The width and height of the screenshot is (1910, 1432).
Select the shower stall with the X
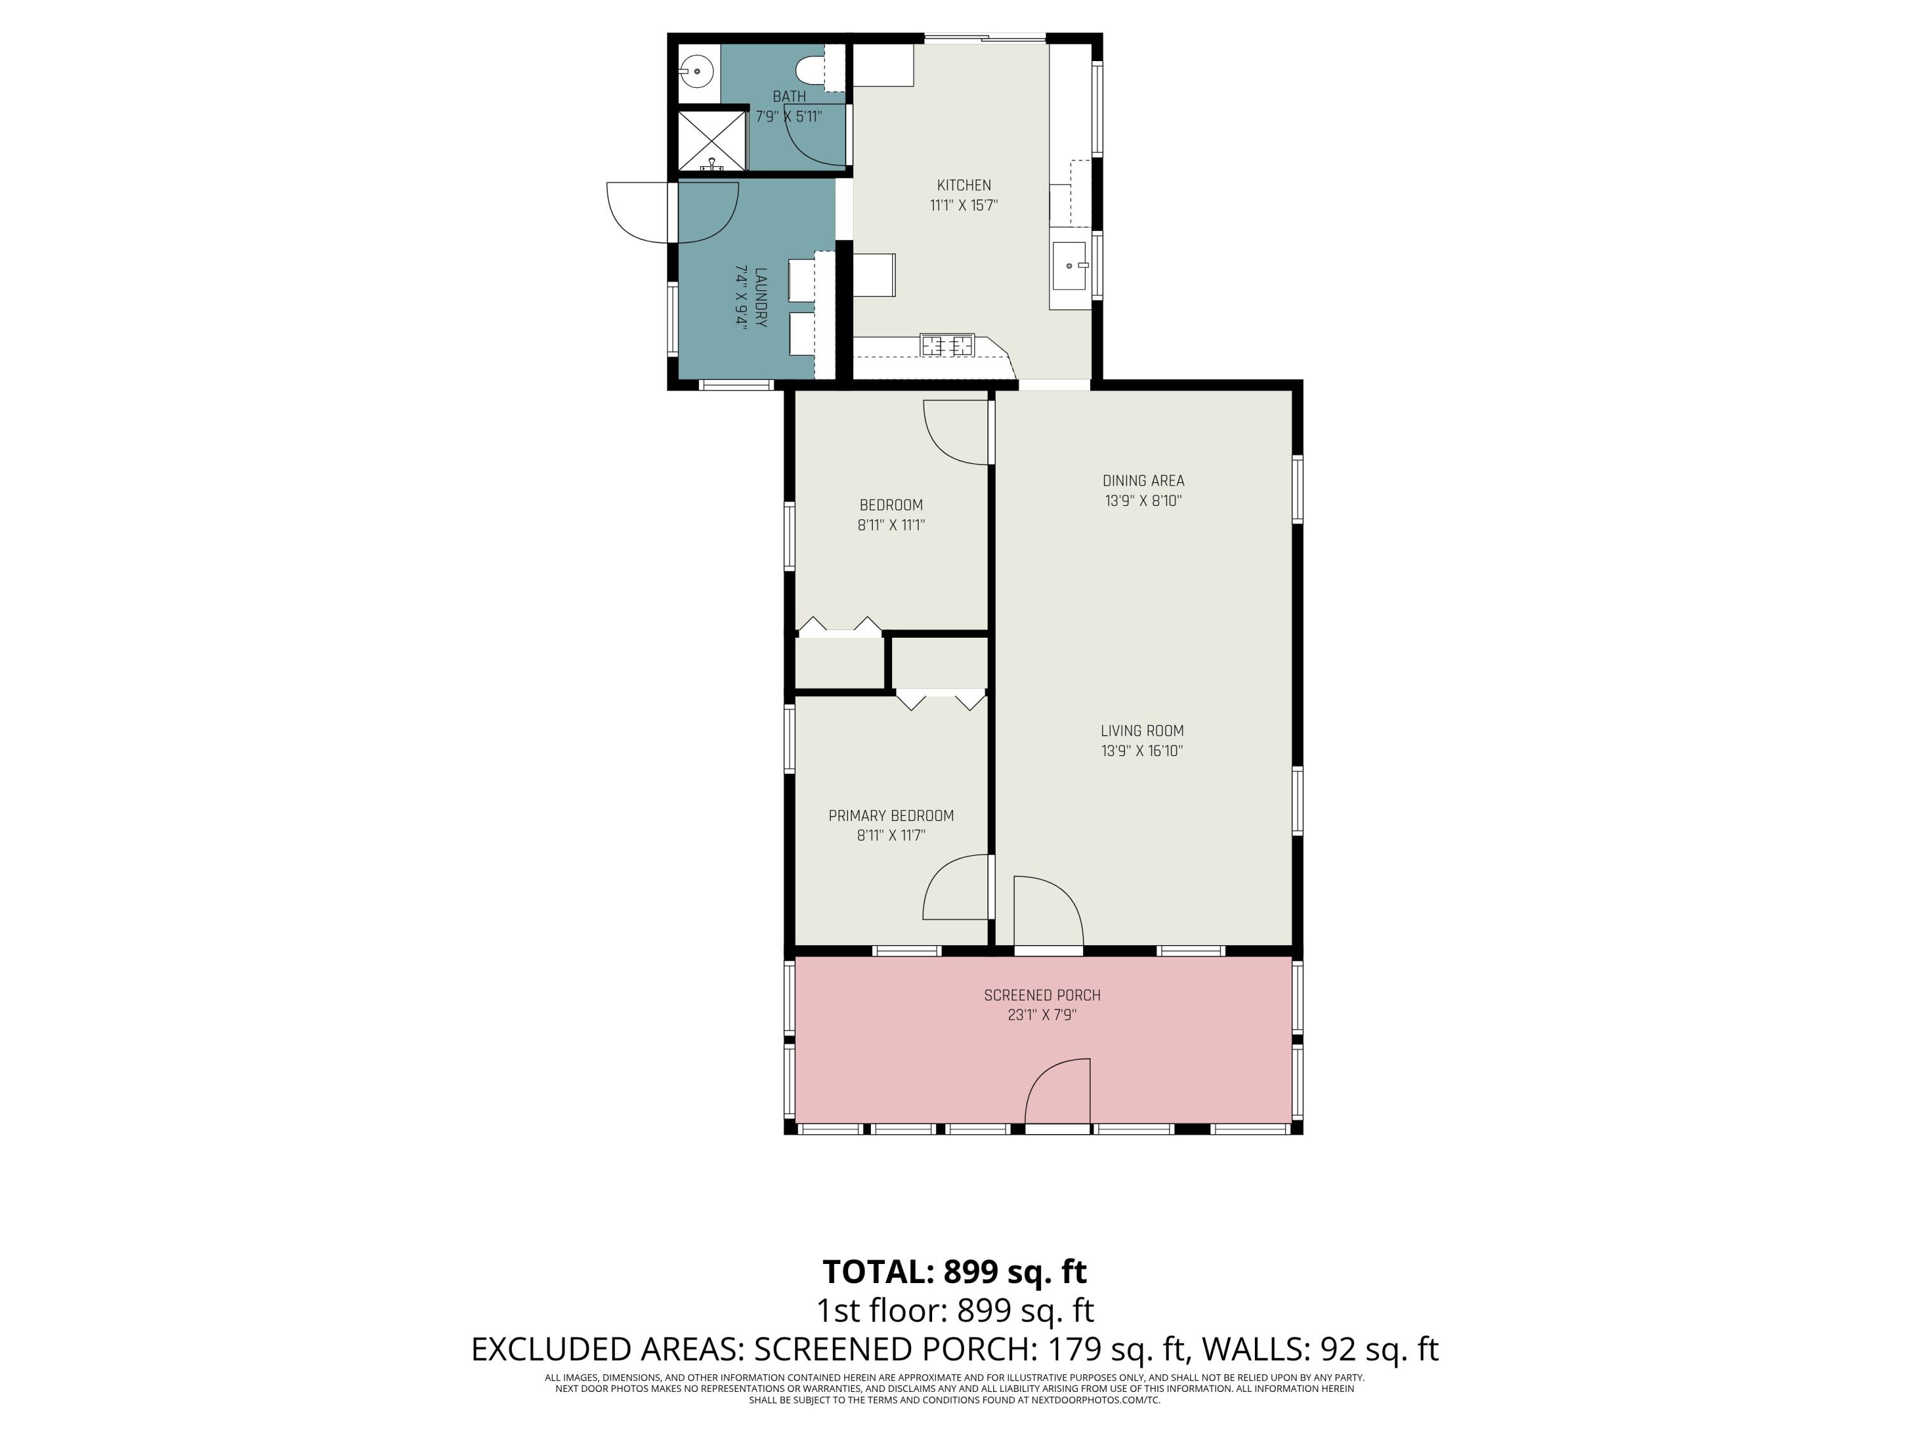click(712, 140)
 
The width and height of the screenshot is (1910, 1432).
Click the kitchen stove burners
click(947, 345)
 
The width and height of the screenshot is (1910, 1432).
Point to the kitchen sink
click(1070, 267)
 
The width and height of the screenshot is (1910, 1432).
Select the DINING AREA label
click(1143, 481)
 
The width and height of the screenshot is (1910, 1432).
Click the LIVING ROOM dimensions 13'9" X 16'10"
click(1142, 751)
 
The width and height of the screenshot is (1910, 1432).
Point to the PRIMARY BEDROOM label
click(891, 816)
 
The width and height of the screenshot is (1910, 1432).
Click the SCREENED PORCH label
click(1042, 995)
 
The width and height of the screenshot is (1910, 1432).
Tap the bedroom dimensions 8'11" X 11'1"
click(891, 525)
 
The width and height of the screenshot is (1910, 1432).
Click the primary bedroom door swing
click(956, 887)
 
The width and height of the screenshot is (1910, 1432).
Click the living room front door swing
click(1048, 911)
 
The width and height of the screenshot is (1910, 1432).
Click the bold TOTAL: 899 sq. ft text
click(954, 1272)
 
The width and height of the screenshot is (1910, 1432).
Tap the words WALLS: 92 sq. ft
click(1320, 1349)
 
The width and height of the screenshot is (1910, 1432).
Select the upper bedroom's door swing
click(956, 432)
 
